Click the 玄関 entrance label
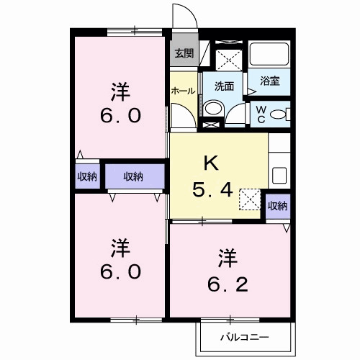click(184, 53)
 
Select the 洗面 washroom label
click(224, 86)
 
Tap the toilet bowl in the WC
click(282, 112)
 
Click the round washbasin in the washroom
click(212, 109)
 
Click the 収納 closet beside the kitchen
click(277, 206)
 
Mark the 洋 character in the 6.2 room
click(228, 255)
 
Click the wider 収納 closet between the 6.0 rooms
click(132, 176)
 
